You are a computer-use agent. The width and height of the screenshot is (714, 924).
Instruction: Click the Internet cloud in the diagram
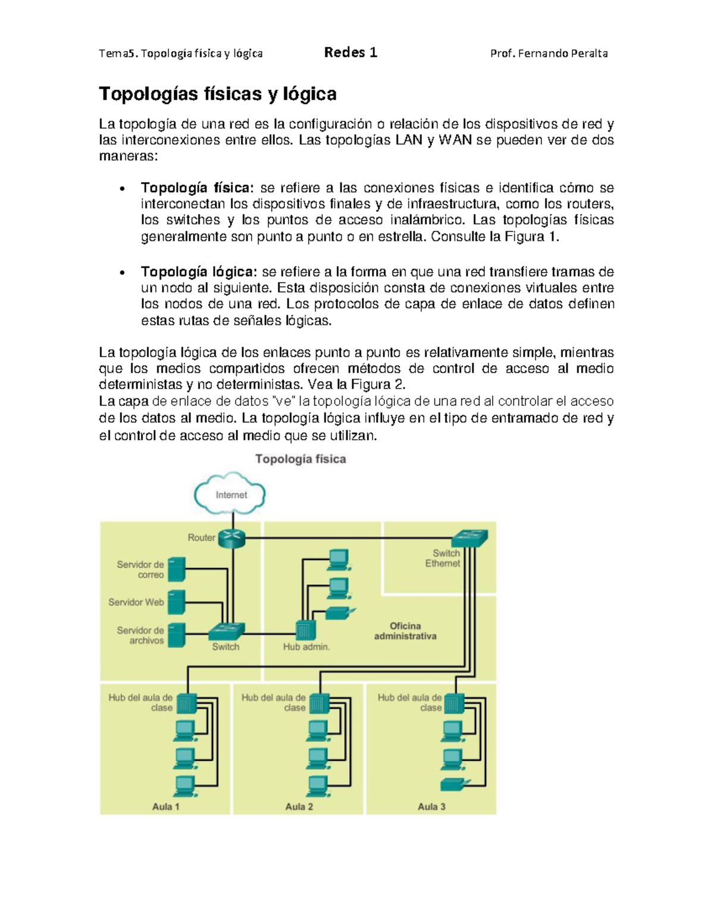pyautogui.click(x=230, y=493)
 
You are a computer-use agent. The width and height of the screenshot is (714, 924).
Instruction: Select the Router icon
pyautogui.click(x=231, y=539)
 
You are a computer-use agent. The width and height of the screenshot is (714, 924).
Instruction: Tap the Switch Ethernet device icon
pyautogui.click(x=469, y=538)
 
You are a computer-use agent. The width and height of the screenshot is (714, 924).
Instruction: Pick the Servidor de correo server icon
pyautogui.click(x=176, y=569)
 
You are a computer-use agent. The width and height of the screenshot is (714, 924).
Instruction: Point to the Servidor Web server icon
pyautogui.click(x=176, y=602)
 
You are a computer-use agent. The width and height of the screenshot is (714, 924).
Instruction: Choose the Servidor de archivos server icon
pyautogui.click(x=176, y=635)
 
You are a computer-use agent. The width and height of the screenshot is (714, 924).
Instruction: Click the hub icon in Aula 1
pyautogui.click(x=186, y=703)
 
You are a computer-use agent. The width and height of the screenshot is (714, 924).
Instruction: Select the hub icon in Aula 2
pyautogui.click(x=319, y=703)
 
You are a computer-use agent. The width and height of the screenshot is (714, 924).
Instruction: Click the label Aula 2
pyautogui.click(x=299, y=807)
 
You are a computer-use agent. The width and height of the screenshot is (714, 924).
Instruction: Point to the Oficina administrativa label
pyautogui.click(x=405, y=631)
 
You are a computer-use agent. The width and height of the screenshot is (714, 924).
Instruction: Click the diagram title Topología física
pyautogui.click(x=300, y=459)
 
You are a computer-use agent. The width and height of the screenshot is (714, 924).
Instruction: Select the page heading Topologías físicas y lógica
pyautogui.click(x=218, y=93)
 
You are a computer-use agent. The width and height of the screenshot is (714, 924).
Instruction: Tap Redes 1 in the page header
pyautogui.click(x=350, y=52)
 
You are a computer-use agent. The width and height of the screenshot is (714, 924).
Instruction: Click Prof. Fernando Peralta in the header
pyautogui.click(x=549, y=54)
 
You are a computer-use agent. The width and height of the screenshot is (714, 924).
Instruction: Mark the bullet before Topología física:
pyautogui.click(x=121, y=190)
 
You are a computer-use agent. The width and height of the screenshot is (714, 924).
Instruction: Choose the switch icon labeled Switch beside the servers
pyautogui.click(x=226, y=631)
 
